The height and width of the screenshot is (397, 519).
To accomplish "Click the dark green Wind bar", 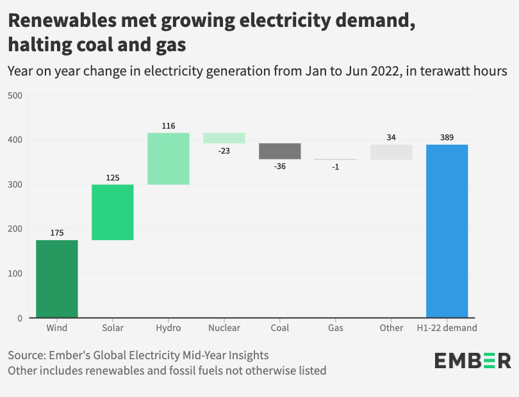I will pyautogui.click(x=57, y=279).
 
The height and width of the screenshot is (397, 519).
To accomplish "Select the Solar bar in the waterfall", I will pyautogui.click(x=113, y=212).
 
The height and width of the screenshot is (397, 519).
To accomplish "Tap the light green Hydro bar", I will pyautogui.click(x=169, y=159).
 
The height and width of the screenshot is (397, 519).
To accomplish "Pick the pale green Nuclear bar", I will pyautogui.click(x=224, y=138).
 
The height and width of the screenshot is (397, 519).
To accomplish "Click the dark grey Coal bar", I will pyautogui.click(x=280, y=151).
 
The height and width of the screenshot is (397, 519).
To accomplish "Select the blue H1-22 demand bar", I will pyautogui.click(x=447, y=231).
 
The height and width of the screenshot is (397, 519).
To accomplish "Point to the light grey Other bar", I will pyautogui.click(x=391, y=152).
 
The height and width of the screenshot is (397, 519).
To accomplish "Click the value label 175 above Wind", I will pyautogui.click(x=57, y=233).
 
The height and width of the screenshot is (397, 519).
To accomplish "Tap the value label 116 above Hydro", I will pyautogui.click(x=169, y=126).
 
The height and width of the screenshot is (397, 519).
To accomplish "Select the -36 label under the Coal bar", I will pyautogui.click(x=280, y=166).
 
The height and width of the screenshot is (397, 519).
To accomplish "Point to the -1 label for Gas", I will pyautogui.click(x=336, y=166).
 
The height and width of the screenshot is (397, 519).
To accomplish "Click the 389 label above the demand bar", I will pyautogui.click(x=447, y=138).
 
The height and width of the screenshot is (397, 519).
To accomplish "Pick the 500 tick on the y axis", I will pyautogui.click(x=16, y=95).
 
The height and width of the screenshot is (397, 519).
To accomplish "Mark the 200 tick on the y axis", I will pyautogui.click(x=16, y=229).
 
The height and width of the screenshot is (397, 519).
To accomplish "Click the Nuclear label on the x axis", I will pyautogui.click(x=224, y=328).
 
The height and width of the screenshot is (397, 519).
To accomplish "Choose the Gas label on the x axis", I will pyautogui.click(x=336, y=328).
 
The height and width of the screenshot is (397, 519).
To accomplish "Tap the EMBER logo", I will pyautogui.click(x=473, y=361).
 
